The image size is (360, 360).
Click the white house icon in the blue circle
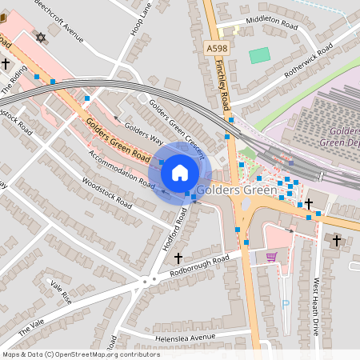(x=180, y=172)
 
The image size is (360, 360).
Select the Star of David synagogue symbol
(x=42, y=38)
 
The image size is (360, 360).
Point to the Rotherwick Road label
(x=294, y=61)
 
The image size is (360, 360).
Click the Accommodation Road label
(x=122, y=167)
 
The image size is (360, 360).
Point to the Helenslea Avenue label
(x=186, y=338)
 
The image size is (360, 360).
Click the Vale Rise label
(x=61, y=291)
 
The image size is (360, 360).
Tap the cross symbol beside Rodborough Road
(x=178, y=258)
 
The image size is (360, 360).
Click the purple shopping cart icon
(x=272, y=257)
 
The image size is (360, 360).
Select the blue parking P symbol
(x=286, y=304)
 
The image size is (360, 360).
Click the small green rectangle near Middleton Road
(x=259, y=56)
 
